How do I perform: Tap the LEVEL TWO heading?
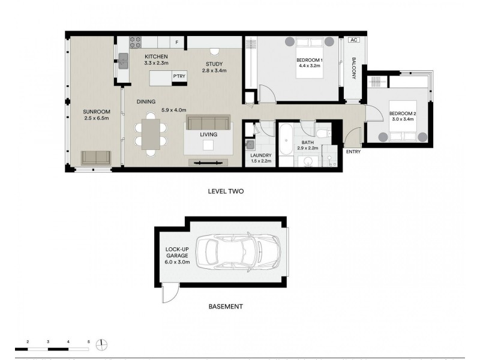[225, 191]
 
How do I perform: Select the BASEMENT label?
[226, 307]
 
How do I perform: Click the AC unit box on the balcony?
[353, 40]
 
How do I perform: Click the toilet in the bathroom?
[323, 133]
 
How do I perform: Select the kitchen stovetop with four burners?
[136, 42]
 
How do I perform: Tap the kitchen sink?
[124, 61]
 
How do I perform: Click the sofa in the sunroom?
[96, 157]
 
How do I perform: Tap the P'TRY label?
[179, 77]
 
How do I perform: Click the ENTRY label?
[353, 152]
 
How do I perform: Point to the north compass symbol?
[103, 344]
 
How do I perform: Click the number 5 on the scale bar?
[89, 341]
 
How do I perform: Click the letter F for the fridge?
[177, 43]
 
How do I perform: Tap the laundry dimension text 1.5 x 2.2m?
[261, 161]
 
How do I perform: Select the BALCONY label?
[354, 68]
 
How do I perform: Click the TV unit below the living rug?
[209, 162]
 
